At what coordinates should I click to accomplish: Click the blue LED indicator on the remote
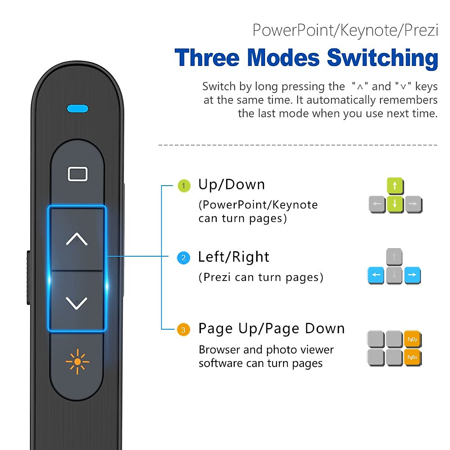pyautogui.click(x=78, y=109)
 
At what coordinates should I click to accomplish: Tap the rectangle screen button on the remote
pyautogui.click(x=78, y=174)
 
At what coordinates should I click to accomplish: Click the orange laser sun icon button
pyautogui.click(x=77, y=361)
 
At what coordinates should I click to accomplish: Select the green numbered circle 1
pyautogui.click(x=184, y=186)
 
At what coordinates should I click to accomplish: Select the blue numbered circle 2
pyautogui.click(x=183, y=258)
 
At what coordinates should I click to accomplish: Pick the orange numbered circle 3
pyautogui.click(x=183, y=330)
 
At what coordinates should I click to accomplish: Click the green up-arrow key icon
pyautogui.click(x=395, y=186)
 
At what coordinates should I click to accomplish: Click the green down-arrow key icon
pyautogui.click(x=395, y=204)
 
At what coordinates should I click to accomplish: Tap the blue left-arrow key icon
pyautogui.click(x=376, y=275)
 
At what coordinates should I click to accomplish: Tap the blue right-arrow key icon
pyautogui.click(x=412, y=275)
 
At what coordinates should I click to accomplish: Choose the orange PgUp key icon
pyautogui.click(x=412, y=339)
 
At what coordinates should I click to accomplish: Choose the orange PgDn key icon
pyautogui.click(x=412, y=357)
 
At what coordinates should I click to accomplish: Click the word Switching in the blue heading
pyautogui.click(x=382, y=58)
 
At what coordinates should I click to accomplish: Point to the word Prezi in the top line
pyautogui.click(x=421, y=30)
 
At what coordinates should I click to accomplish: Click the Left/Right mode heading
pyautogui.click(x=234, y=257)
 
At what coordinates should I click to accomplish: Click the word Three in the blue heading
pyautogui.click(x=207, y=58)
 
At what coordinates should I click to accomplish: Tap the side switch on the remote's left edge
pyautogui.click(x=29, y=277)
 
